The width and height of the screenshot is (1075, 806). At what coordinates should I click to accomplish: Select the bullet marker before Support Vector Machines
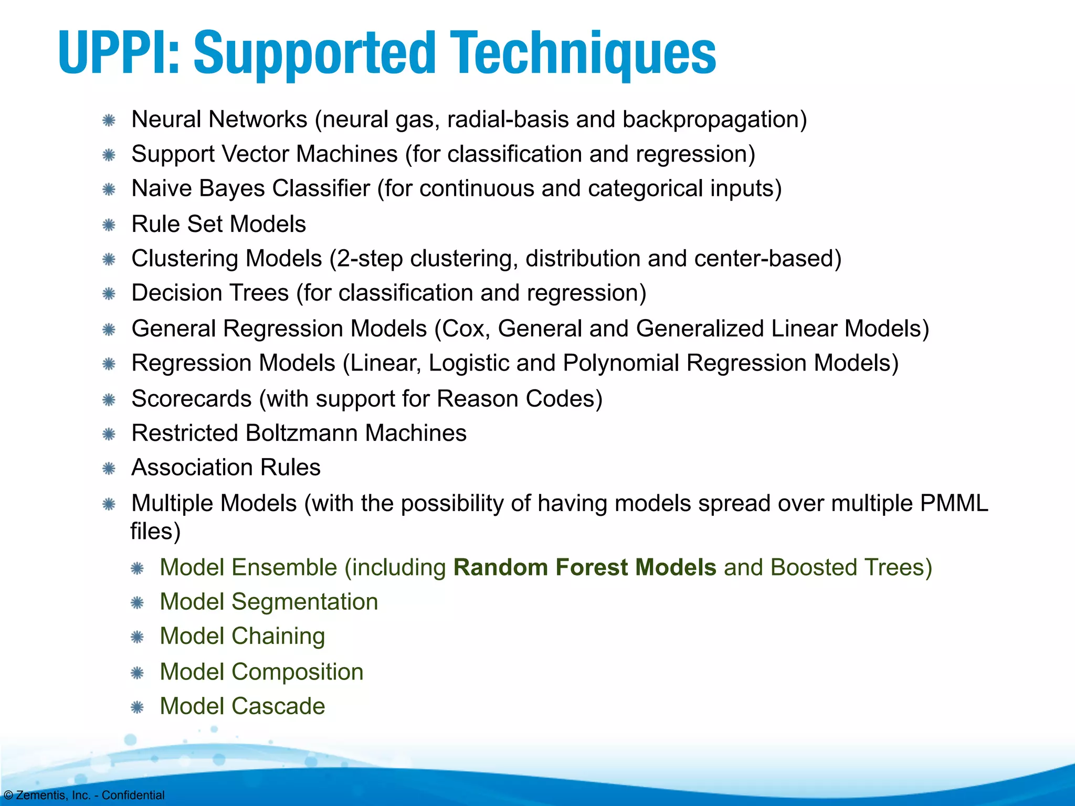coord(109,155)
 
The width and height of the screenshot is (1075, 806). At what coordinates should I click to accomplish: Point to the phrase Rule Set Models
coord(218,224)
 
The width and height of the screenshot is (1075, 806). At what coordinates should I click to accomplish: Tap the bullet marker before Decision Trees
coord(109,294)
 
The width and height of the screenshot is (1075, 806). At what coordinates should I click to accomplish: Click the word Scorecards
coord(192,399)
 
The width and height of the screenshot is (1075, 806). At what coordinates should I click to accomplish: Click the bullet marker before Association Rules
coord(109,469)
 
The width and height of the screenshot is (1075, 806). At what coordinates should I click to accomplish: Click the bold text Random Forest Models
coord(585,568)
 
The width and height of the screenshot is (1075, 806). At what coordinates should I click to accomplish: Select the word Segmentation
coord(304,602)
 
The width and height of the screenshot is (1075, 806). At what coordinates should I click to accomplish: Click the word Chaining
coord(278,637)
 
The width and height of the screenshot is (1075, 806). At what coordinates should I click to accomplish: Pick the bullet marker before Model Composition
coord(137,673)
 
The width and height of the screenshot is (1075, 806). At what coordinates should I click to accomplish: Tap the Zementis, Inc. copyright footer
coord(84,795)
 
